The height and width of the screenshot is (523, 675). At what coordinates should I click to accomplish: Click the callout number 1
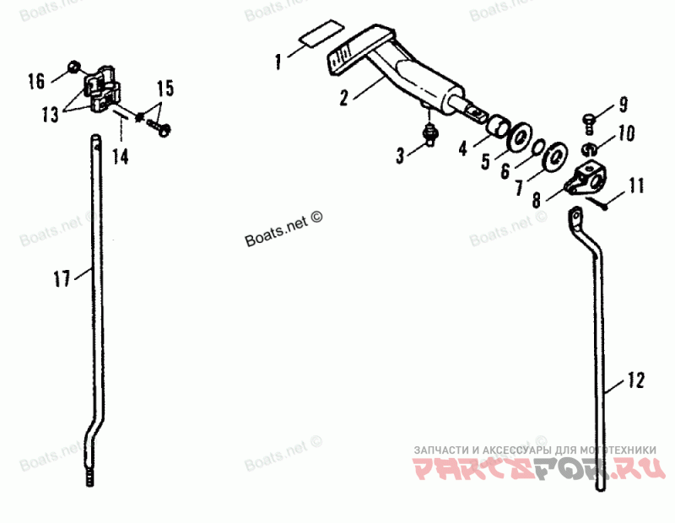278,61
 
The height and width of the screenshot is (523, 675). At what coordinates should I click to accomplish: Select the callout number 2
344,97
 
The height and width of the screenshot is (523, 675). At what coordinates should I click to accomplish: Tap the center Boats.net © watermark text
284,229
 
